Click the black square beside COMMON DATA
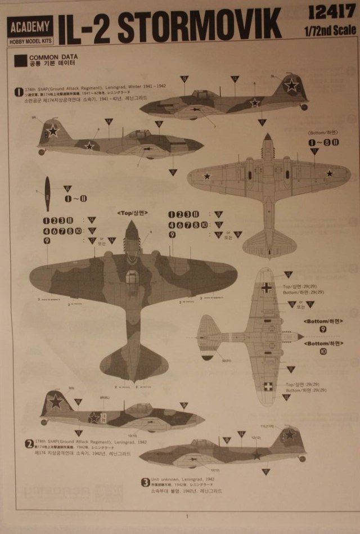tap(20, 60)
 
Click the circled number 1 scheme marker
tap(20, 90)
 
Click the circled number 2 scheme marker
tap(29, 443)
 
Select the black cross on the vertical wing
tap(267, 288)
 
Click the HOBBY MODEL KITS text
tap(30, 41)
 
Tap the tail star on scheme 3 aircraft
tap(289, 435)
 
